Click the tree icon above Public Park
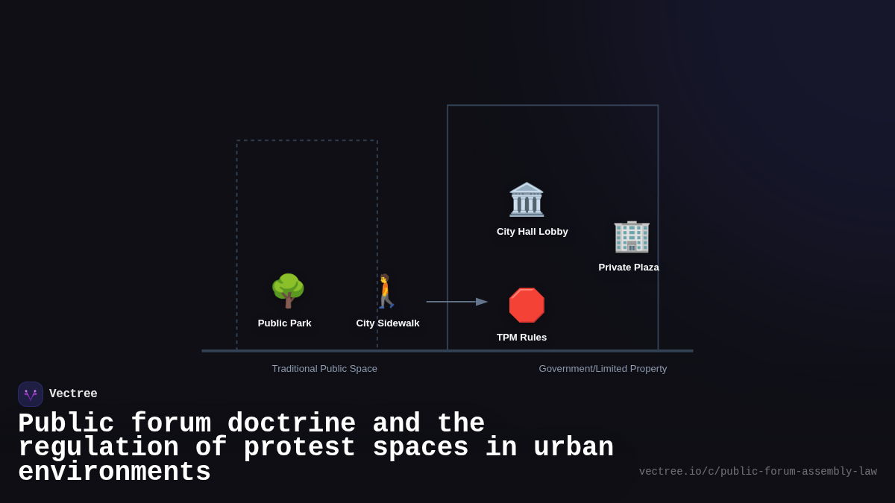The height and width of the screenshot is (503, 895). pos(288,291)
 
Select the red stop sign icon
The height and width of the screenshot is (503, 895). pos(527,306)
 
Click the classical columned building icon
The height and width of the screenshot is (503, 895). pos(527,200)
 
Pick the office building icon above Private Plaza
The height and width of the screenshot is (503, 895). pos(632,236)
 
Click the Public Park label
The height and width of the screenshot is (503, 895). pos(285,323)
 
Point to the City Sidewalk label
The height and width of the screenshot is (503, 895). pos(388,323)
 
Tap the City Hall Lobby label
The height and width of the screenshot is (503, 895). pos(533,232)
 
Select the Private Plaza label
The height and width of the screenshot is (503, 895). pos(629,268)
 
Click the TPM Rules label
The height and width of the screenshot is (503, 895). pos(522,338)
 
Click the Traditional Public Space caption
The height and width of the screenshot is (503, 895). pos(324,369)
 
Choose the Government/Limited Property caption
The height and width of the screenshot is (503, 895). pos(603,369)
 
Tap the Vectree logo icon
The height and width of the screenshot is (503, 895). pos(31,394)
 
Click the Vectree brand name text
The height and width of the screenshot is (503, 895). pos(73,394)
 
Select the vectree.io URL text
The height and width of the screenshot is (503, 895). pos(758,472)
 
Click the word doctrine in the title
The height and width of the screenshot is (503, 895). pos(292,424)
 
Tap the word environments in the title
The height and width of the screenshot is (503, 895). pos(114,472)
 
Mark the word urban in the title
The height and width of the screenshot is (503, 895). pos(574,448)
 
